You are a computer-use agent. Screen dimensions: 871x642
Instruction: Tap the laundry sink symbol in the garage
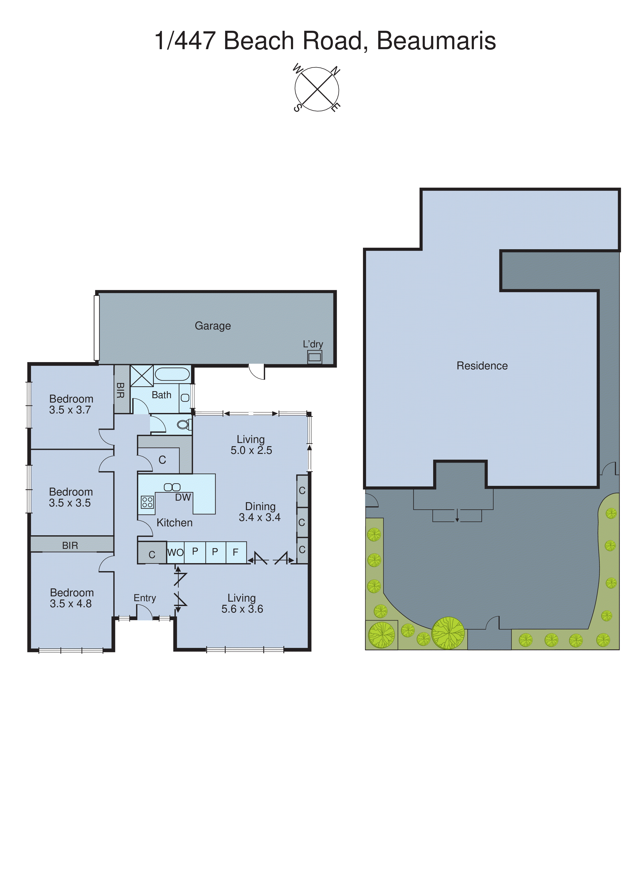pyautogui.click(x=314, y=357)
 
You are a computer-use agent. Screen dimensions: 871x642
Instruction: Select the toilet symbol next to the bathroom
pyautogui.click(x=183, y=424)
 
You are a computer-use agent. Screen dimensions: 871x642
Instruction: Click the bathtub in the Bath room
pyautogui.click(x=172, y=374)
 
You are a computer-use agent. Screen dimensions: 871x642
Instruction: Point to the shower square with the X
pyautogui.click(x=142, y=376)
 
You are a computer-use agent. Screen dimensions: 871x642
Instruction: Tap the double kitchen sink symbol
pyautogui.click(x=172, y=487)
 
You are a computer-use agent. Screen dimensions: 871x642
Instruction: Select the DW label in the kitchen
pyautogui.click(x=183, y=498)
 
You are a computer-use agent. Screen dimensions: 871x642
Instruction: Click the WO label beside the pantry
pyautogui.click(x=175, y=553)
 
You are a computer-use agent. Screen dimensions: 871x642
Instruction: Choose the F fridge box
pyautogui.click(x=235, y=552)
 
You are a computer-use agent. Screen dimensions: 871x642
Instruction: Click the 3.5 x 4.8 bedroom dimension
pyautogui.click(x=71, y=603)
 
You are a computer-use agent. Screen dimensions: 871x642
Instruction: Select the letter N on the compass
pyautogui.click(x=335, y=71)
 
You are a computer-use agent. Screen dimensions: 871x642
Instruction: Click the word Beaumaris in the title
pyautogui.click(x=436, y=40)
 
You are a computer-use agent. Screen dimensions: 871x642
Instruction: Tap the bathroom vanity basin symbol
pyautogui.click(x=185, y=397)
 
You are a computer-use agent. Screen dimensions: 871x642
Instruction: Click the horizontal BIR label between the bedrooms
pyautogui.click(x=70, y=545)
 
